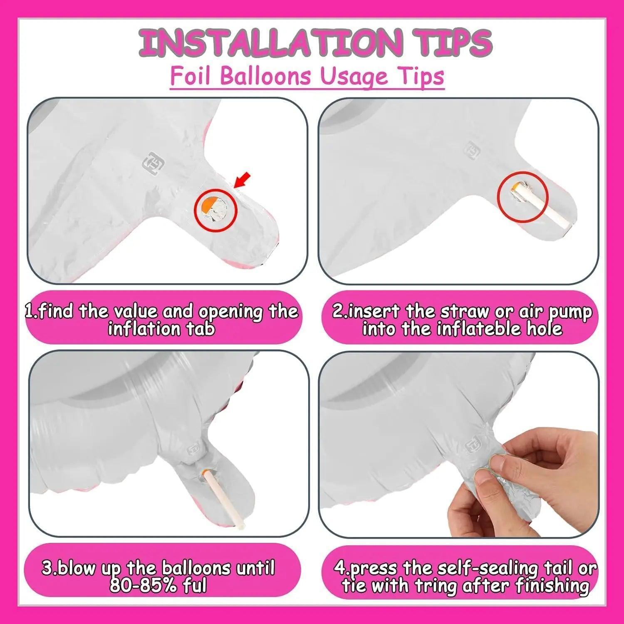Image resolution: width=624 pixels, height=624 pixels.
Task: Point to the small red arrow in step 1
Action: (x=242, y=181)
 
